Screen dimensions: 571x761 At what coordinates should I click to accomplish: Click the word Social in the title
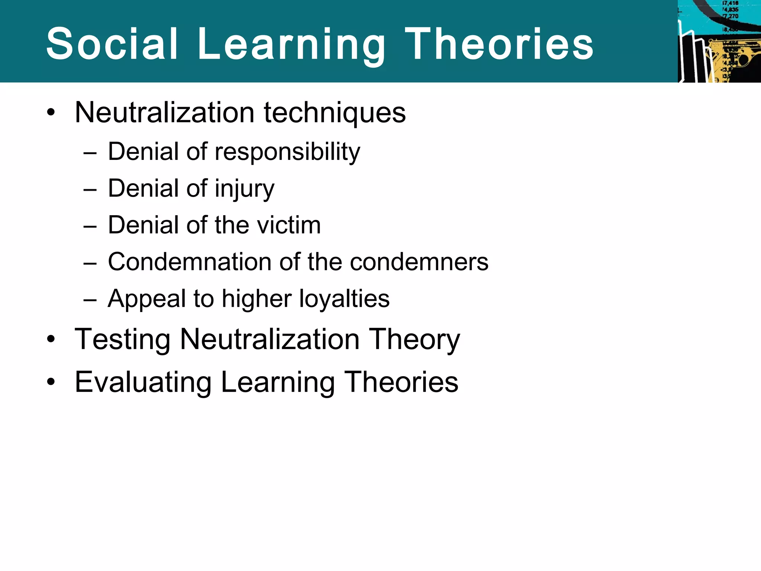[112, 44]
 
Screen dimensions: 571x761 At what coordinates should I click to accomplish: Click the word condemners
[419, 262]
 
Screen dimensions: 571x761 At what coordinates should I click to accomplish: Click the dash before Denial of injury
[90, 190]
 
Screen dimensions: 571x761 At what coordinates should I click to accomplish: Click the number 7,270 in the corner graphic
[730, 16]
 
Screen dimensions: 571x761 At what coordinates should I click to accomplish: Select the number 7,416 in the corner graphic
[730, 3]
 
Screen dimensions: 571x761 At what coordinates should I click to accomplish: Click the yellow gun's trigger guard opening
[743, 59]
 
